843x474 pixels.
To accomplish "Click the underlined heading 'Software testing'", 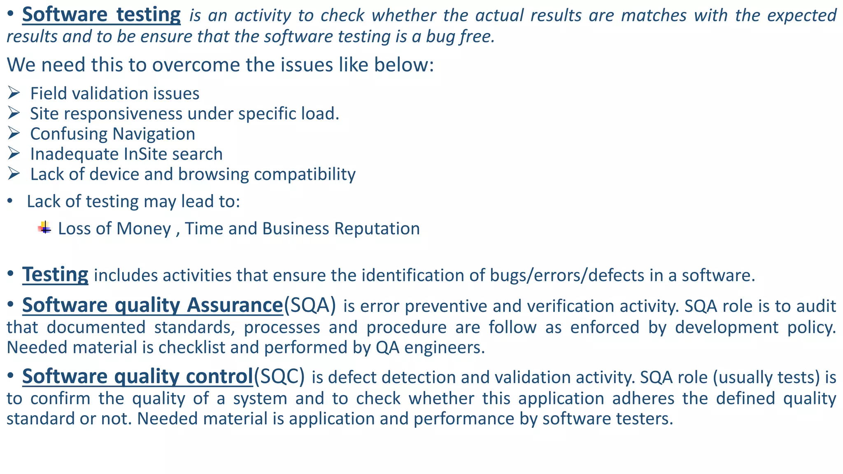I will (x=101, y=15).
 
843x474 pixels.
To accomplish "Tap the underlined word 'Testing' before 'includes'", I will (x=55, y=274).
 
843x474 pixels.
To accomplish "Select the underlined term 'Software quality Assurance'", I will (x=152, y=305).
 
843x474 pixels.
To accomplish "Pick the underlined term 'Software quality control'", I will (x=137, y=376).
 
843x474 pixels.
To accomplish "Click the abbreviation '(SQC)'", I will (x=279, y=376).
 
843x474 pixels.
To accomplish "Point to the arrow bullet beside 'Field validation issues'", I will (x=14, y=93).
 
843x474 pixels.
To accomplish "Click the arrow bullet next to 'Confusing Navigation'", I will (x=14, y=133).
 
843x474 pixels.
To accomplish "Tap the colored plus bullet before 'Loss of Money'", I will (x=44, y=228).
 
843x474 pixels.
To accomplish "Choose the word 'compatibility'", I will (x=305, y=174).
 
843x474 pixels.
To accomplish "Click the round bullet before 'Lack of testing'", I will (x=10, y=202).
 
